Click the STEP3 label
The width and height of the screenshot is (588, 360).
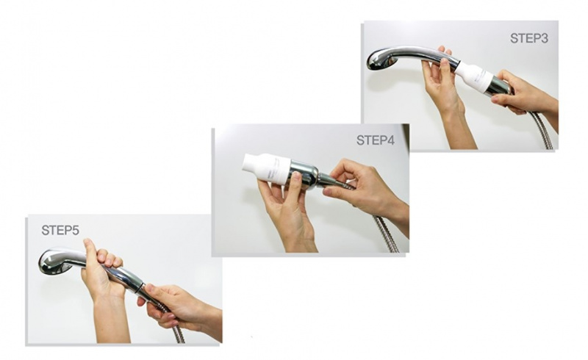coord(528,38)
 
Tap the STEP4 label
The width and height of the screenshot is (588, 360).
coord(376,140)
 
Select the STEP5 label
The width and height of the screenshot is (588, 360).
coord(60,230)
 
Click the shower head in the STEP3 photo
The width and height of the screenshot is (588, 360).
coord(381,60)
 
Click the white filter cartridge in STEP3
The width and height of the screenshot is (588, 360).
coord(473,76)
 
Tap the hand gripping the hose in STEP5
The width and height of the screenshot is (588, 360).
coord(176,303)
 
